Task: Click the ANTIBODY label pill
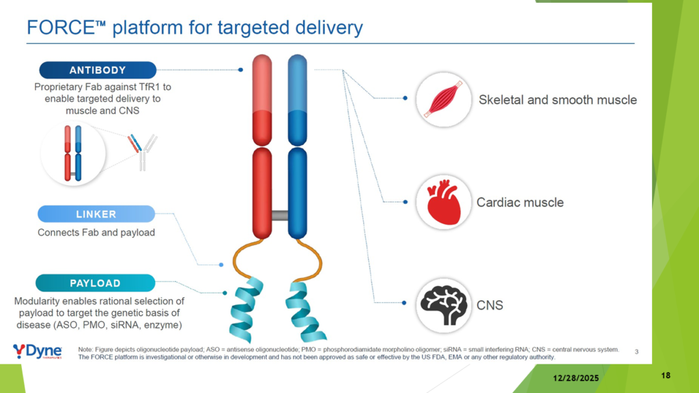(x=98, y=70)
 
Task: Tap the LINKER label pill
(x=96, y=214)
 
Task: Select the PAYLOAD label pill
(x=95, y=283)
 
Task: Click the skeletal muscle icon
(x=442, y=100)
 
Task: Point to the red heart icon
(x=442, y=202)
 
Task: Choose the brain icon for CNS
(x=442, y=304)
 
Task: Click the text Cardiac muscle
(x=520, y=203)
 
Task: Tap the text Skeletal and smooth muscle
(x=557, y=100)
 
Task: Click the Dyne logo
(x=38, y=351)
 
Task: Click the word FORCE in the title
(x=59, y=28)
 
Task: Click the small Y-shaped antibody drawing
(x=142, y=152)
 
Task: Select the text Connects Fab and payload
(x=96, y=233)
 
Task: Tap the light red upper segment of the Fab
(x=263, y=82)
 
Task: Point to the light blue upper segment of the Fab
(x=298, y=82)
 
